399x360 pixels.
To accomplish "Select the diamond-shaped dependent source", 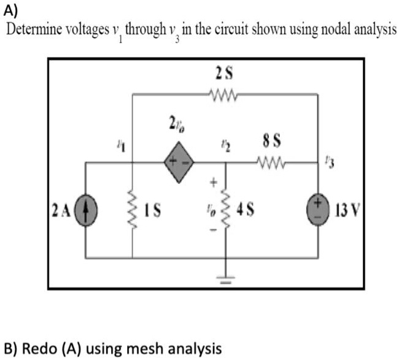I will click(179, 163).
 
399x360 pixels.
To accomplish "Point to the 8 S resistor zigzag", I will click(270, 163).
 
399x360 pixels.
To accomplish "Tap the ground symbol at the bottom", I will click(224, 281).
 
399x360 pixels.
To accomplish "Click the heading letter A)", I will click(11, 10).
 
